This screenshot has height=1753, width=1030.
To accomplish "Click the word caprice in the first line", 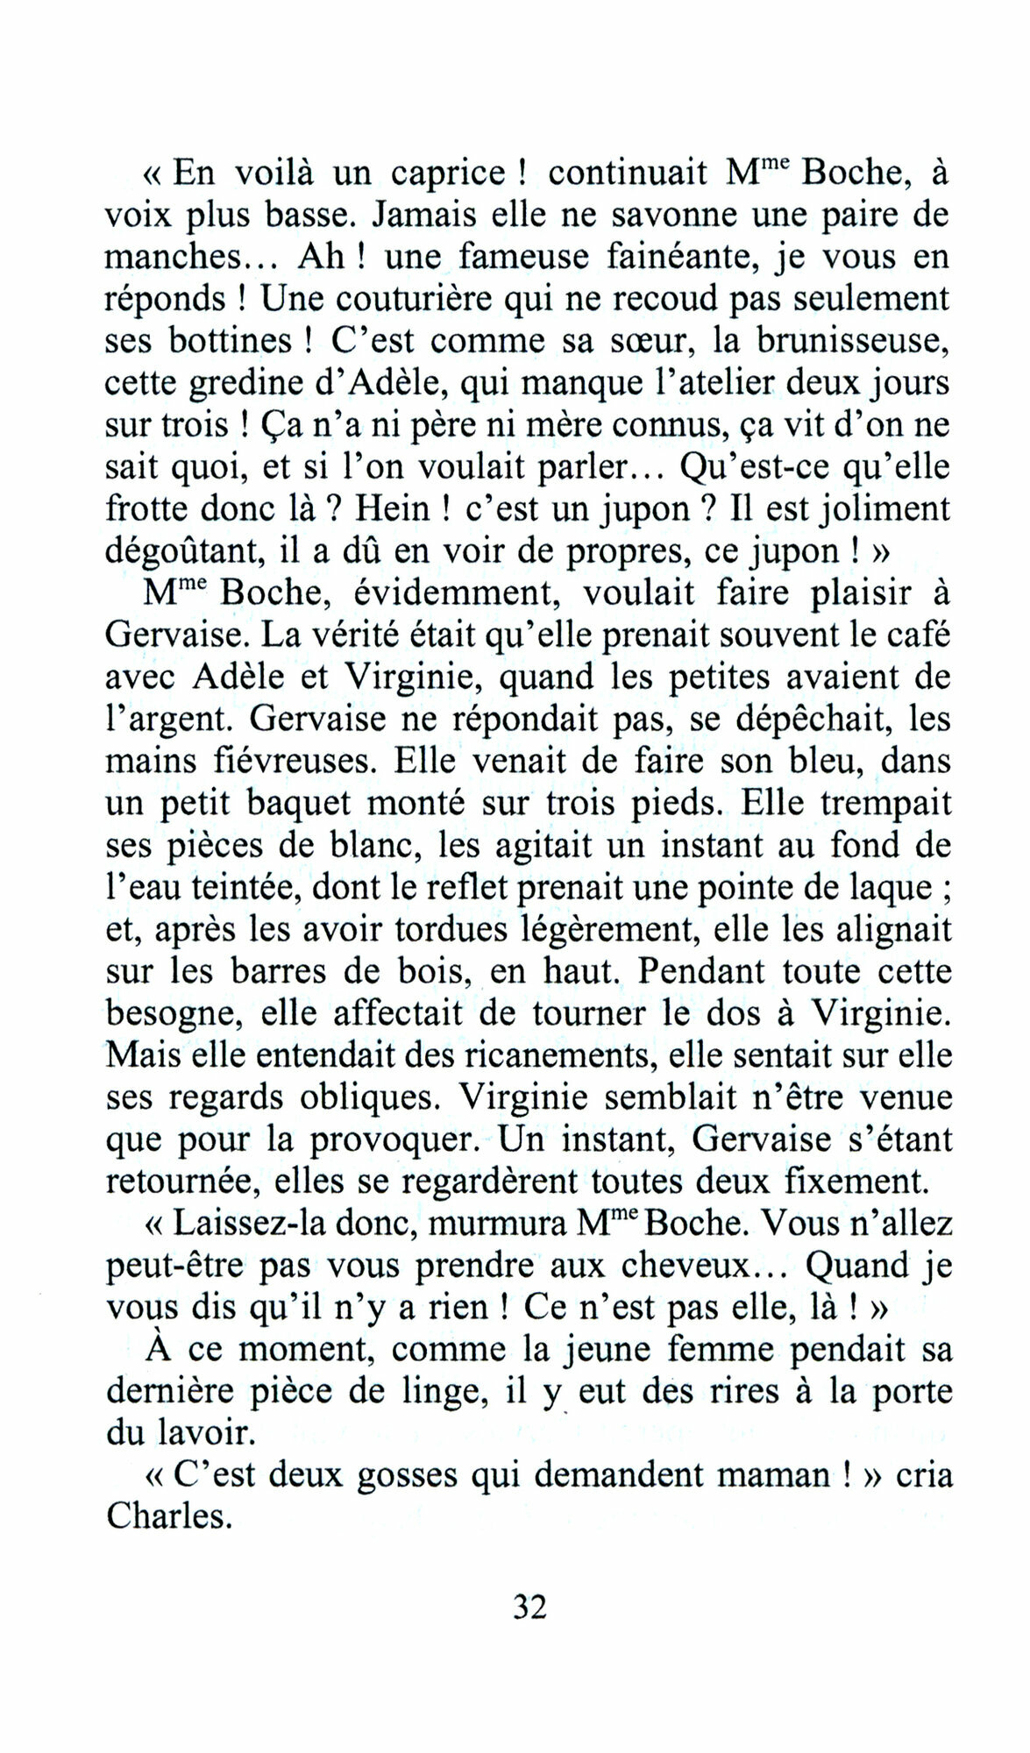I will [x=448, y=173].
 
